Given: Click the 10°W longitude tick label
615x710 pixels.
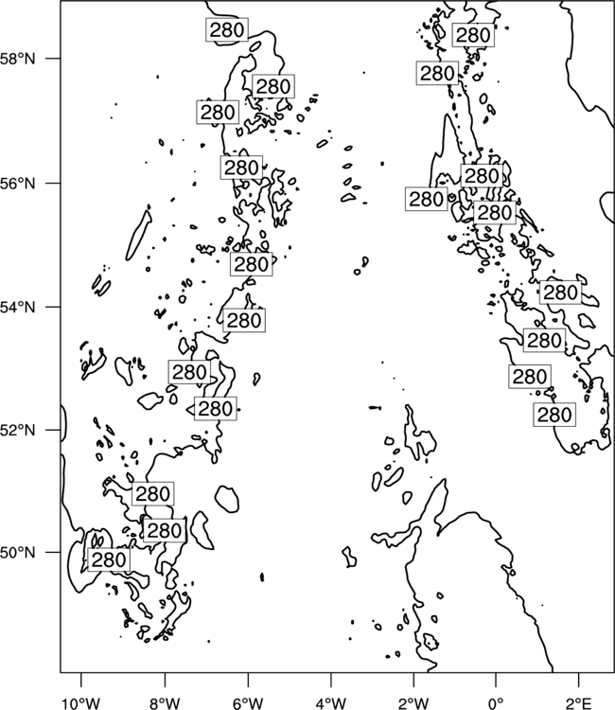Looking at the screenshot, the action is click(x=80, y=702).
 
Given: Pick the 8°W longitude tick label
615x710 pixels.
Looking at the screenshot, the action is click(x=165, y=702).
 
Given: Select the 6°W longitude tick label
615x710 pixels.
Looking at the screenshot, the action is click(x=248, y=702).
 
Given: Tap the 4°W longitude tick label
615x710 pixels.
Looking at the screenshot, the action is click(x=331, y=702).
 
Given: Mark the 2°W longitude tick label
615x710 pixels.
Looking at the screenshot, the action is click(x=413, y=702).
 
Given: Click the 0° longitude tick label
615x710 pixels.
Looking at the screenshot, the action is click(x=496, y=702).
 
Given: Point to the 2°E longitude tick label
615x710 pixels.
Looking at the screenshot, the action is click(x=579, y=702).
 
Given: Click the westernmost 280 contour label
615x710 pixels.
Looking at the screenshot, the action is click(x=109, y=559).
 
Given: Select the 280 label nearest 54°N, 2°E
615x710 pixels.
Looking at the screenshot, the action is click(x=560, y=293).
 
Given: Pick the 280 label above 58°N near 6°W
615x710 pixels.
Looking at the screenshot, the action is click(x=227, y=30).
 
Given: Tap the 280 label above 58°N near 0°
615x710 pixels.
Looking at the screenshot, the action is click(x=473, y=35).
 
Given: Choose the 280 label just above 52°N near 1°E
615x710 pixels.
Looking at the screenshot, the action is click(x=554, y=415).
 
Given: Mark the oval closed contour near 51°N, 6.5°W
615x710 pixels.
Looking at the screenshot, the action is click(x=227, y=499).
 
